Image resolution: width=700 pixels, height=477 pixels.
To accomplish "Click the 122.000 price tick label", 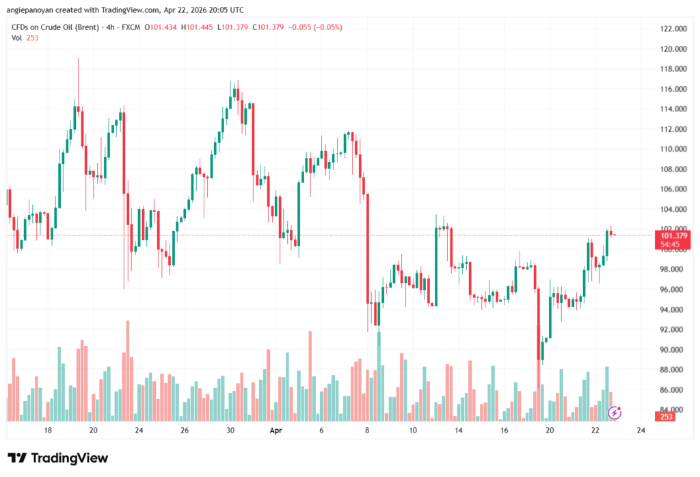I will tap(671, 29).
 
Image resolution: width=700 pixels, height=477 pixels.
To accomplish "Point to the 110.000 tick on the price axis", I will tap(671, 149).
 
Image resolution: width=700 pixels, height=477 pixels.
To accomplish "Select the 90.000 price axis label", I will tap(671, 350).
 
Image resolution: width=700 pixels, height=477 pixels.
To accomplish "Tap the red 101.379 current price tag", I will tap(671, 235).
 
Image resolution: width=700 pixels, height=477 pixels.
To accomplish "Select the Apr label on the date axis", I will tap(275, 431).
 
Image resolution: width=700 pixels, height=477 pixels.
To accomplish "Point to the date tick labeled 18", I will tap(48, 431).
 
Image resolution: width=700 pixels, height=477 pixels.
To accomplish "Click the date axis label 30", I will tap(230, 431).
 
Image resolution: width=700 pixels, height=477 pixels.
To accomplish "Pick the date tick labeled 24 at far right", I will tap(641, 431).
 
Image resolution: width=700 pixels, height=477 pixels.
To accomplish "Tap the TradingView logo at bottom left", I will tap(58, 458).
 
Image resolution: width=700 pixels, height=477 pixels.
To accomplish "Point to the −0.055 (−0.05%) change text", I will tap(315, 27).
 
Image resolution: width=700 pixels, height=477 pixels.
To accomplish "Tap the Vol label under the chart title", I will tap(16, 38).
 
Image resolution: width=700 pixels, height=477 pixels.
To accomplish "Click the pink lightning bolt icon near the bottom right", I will tap(615, 412).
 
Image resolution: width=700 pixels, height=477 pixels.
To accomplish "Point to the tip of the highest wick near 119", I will tap(78, 58).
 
